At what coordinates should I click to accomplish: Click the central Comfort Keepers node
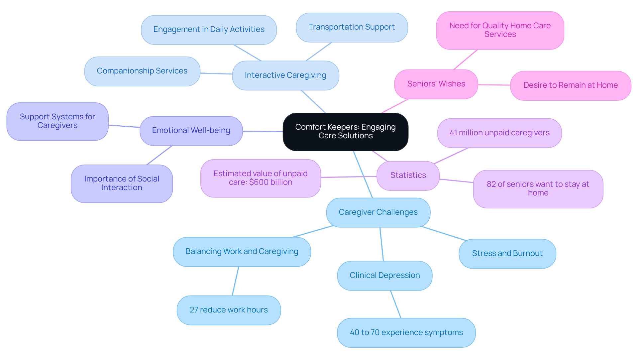pyautogui.click(x=345, y=132)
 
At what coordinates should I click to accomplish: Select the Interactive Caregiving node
pyautogui.click(x=285, y=75)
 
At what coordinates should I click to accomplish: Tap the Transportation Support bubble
pyautogui.click(x=352, y=27)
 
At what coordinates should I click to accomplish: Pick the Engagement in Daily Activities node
pyautogui.click(x=209, y=30)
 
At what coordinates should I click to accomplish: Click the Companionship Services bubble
pyautogui.click(x=142, y=71)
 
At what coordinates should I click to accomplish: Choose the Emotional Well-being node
pyautogui.click(x=191, y=131)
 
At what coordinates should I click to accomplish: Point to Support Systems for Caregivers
pyautogui.click(x=57, y=121)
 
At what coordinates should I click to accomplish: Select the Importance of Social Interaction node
pyautogui.click(x=122, y=183)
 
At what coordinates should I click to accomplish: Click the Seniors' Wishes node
pyautogui.click(x=436, y=84)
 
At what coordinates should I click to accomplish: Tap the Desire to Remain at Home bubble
pyautogui.click(x=570, y=85)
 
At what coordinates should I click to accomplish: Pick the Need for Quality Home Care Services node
pyautogui.click(x=500, y=30)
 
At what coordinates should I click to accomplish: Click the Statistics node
pyautogui.click(x=408, y=176)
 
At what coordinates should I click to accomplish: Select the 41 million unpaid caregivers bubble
pyautogui.click(x=499, y=133)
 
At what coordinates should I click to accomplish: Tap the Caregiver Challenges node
pyautogui.click(x=378, y=212)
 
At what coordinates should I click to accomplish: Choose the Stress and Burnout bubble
pyautogui.click(x=507, y=254)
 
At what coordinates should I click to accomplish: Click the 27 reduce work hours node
pyautogui.click(x=229, y=310)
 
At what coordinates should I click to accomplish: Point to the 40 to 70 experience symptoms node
pyautogui.click(x=406, y=333)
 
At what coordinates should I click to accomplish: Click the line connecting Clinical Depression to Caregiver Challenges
pyautogui.click(x=382, y=244)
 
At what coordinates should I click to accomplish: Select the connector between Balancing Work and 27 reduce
pyautogui.click(x=235, y=281)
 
